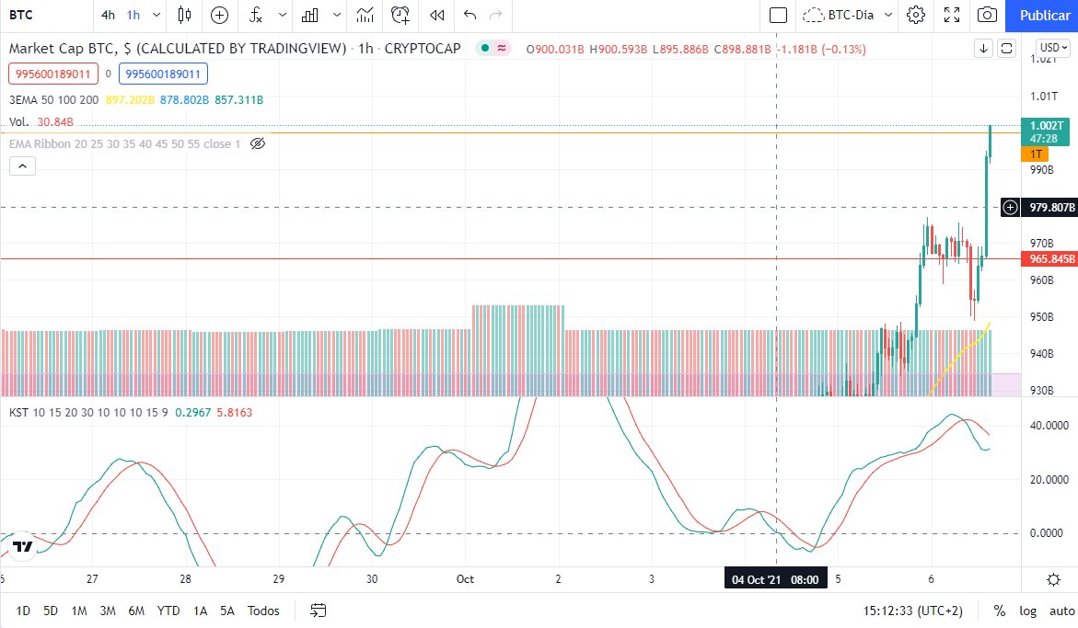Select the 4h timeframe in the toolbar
[109, 15]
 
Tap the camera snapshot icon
[987, 15]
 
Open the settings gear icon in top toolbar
[915, 15]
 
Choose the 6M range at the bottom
[136, 611]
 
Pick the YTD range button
[168, 611]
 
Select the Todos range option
[263, 611]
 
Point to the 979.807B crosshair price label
[1052, 208]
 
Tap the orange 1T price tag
[1036, 154]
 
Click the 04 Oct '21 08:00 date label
[776, 579]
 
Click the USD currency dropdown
[1052, 48]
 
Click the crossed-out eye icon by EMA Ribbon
[258, 144]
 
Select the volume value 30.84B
[54, 122]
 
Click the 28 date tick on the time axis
[186, 579]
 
